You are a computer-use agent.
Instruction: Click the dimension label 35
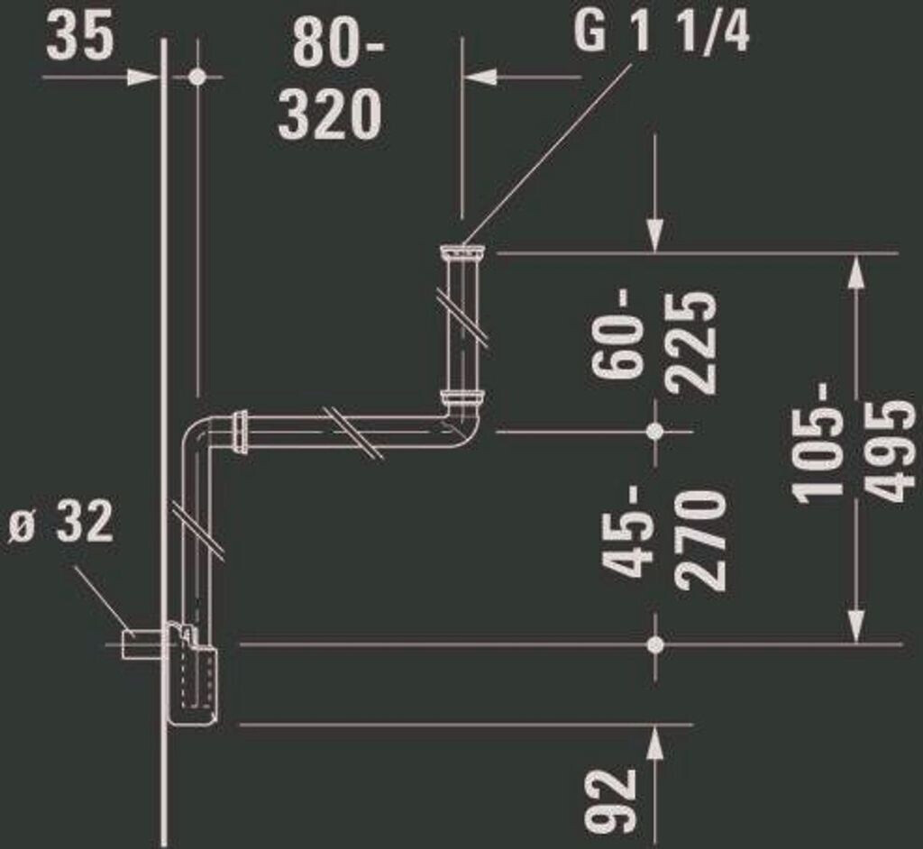coord(80,38)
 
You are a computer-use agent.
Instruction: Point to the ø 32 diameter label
coord(61,522)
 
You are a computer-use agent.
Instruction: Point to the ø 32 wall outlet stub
coord(140,643)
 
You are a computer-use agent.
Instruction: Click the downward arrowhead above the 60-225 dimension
coord(655,236)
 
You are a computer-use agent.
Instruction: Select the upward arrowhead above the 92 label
coord(655,742)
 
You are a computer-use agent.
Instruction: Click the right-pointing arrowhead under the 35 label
coord(144,78)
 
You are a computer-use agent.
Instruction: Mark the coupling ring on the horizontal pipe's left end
coord(241,431)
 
